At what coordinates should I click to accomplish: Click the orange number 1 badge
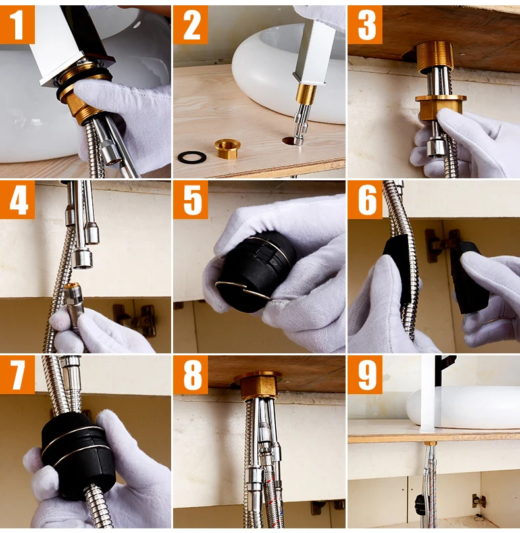click(x=17, y=24)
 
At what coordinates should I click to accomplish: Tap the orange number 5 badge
click(x=191, y=199)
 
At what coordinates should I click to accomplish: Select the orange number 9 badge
click(x=365, y=374)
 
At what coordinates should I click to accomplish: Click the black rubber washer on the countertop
click(x=192, y=157)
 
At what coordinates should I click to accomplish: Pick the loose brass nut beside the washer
click(x=228, y=149)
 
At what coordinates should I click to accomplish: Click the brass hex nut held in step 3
click(x=440, y=107)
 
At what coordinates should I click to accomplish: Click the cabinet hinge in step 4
click(x=135, y=319)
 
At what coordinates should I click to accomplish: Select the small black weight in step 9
click(x=419, y=504)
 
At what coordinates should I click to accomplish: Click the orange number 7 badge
click(x=17, y=374)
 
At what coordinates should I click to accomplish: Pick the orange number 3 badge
click(x=365, y=24)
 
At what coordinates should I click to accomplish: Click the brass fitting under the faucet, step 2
click(x=305, y=94)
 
